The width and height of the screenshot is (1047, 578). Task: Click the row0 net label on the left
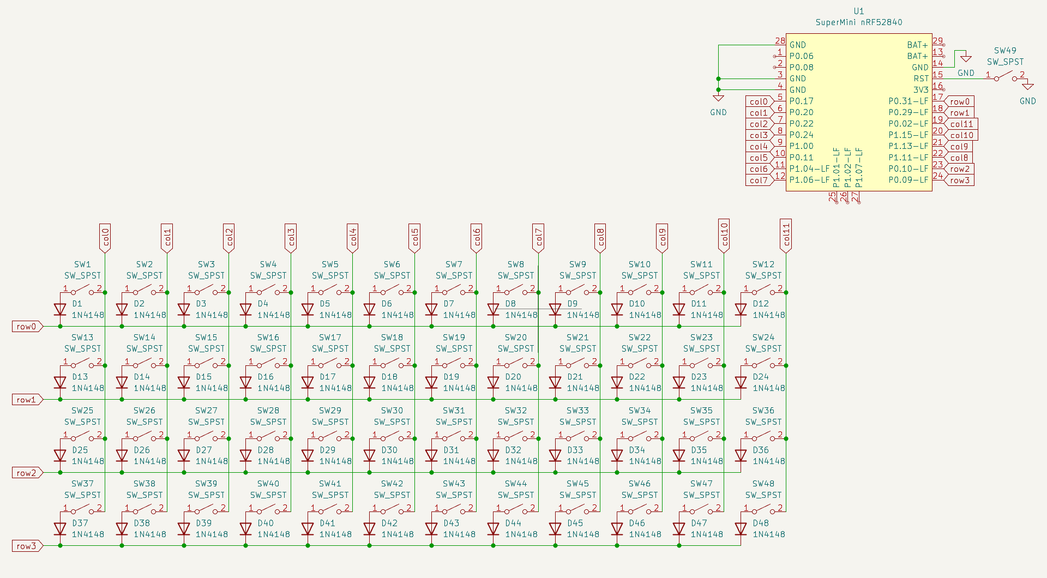27,327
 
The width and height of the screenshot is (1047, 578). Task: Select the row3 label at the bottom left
27,546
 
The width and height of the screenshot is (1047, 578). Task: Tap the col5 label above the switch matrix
414,237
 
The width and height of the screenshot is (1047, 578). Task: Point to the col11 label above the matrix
786,235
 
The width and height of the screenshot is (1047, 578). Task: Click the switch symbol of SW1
82,291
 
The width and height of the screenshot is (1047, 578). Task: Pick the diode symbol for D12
741,310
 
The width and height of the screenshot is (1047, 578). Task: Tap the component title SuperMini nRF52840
858,22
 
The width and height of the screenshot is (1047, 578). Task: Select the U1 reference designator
858,11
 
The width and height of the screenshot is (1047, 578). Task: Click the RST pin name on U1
920,79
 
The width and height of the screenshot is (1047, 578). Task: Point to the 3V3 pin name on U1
920,90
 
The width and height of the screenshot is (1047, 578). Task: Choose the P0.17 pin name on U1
801,101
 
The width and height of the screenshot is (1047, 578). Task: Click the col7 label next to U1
759,180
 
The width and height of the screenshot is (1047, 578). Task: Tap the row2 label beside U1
960,169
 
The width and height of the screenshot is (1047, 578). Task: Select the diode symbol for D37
60,529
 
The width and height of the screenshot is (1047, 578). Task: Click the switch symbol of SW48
763,510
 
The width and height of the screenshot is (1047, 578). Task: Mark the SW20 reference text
515,338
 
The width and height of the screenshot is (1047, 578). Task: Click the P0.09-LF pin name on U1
908,180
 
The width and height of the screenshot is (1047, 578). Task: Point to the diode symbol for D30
370,456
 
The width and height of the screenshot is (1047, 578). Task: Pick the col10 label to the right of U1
961,135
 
